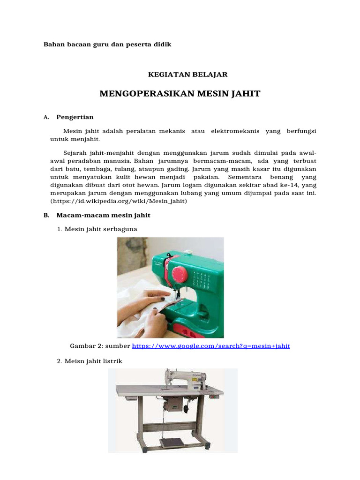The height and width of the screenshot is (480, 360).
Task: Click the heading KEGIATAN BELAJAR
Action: point(187,74)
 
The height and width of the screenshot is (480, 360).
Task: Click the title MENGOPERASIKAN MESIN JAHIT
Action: point(180,94)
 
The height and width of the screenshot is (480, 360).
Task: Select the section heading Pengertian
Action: point(75,117)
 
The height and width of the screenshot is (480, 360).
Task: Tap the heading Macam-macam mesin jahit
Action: point(103,215)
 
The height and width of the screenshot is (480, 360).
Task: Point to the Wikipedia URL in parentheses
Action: point(119,201)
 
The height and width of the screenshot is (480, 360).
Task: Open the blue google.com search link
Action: point(211,346)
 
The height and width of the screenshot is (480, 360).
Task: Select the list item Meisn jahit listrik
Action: point(93,361)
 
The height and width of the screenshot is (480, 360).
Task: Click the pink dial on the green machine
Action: point(178,274)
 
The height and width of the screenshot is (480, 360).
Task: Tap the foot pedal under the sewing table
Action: point(172,442)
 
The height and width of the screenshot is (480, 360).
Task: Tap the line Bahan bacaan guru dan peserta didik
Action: point(107,45)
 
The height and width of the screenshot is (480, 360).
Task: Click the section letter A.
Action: point(45,118)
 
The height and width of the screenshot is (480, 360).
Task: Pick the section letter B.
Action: point(46,215)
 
